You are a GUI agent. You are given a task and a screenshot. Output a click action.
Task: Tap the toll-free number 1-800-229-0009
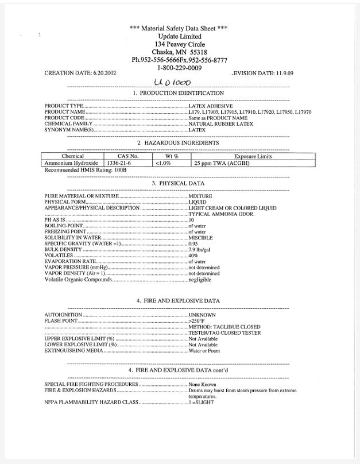[x=179, y=67]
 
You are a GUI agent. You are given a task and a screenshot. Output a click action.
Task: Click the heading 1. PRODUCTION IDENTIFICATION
[x=178, y=93]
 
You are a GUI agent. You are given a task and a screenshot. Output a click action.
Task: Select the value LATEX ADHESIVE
[x=211, y=106]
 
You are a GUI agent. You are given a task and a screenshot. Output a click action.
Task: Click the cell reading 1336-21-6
[x=119, y=163]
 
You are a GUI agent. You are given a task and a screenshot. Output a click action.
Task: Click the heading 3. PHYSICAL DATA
[x=178, y=183]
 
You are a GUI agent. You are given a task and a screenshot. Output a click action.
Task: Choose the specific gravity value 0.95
[x=194, y=243]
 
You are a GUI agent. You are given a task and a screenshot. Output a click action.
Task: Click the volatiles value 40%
[x=194, y=256]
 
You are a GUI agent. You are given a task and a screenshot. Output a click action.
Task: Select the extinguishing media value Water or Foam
[x=204, y=350]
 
